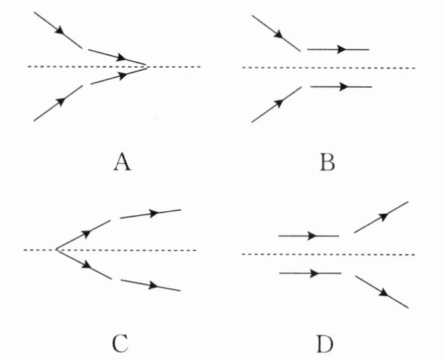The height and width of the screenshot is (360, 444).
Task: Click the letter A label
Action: [x=120, y=162]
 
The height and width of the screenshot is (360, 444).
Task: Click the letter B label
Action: [x=327, y=162]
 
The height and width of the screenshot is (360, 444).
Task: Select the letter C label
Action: [x=120, y=344]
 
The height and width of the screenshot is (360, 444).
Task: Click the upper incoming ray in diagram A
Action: [x=57, y=29]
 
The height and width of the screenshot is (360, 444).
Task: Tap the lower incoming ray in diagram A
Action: [x=57, y=103]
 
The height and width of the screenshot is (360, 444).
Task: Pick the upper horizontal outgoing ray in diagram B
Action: [x=338, y=49]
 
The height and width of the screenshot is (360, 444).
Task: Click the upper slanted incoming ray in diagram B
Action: [x=276, y=33]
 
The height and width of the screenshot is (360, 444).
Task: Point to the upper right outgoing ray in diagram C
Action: [x=150, y=214]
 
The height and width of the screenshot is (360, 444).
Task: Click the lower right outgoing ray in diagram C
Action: [x=150, y=285]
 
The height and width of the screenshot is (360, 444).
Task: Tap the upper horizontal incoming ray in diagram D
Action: [x=309, y=236]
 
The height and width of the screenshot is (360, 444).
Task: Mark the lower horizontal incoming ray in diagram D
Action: [x=310, y=273]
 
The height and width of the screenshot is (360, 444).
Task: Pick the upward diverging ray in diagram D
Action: [x=381, y=217]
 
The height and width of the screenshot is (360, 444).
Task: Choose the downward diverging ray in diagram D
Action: [x=382, y=292]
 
